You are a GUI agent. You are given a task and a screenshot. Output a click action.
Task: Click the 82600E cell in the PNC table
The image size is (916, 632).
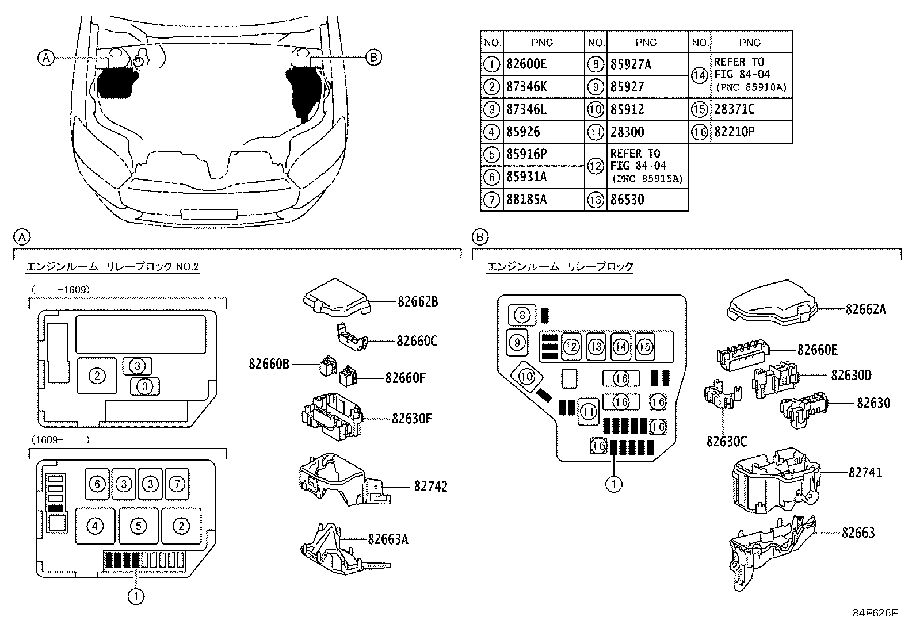(526, 64)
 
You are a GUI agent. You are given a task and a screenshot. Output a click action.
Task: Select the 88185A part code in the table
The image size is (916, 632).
(526, 200)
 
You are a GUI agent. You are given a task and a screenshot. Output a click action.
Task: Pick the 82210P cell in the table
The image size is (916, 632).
(734, 132)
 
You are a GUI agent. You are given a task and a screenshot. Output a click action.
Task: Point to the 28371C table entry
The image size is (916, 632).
(734, 109)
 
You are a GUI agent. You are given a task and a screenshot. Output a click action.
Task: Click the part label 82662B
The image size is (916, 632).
(418, 301)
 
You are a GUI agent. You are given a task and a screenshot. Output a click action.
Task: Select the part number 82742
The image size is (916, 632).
(430, 487)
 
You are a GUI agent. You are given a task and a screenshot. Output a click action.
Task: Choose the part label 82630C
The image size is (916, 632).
(727, 441)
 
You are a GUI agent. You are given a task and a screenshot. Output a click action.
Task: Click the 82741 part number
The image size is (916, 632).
(865, 472)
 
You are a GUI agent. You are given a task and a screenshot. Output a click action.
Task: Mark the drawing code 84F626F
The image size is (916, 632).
(875, 613)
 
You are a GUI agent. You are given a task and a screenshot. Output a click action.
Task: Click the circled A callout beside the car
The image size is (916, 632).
(46, 57)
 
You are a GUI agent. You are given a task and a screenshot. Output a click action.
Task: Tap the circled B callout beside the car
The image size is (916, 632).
(373, 57)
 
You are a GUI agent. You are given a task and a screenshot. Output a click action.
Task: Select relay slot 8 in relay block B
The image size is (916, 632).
(522, 315)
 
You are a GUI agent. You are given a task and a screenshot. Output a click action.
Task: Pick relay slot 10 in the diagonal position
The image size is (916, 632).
(527, 377)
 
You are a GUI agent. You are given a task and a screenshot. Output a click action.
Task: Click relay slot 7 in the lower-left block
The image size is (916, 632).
(177, 484)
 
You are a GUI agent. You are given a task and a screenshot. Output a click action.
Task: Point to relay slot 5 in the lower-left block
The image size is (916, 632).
(139, 525)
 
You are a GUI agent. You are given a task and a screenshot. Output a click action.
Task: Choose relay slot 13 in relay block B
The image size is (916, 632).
(596, 346)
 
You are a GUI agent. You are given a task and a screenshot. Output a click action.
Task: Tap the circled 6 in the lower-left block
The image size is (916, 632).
(97, 484)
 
